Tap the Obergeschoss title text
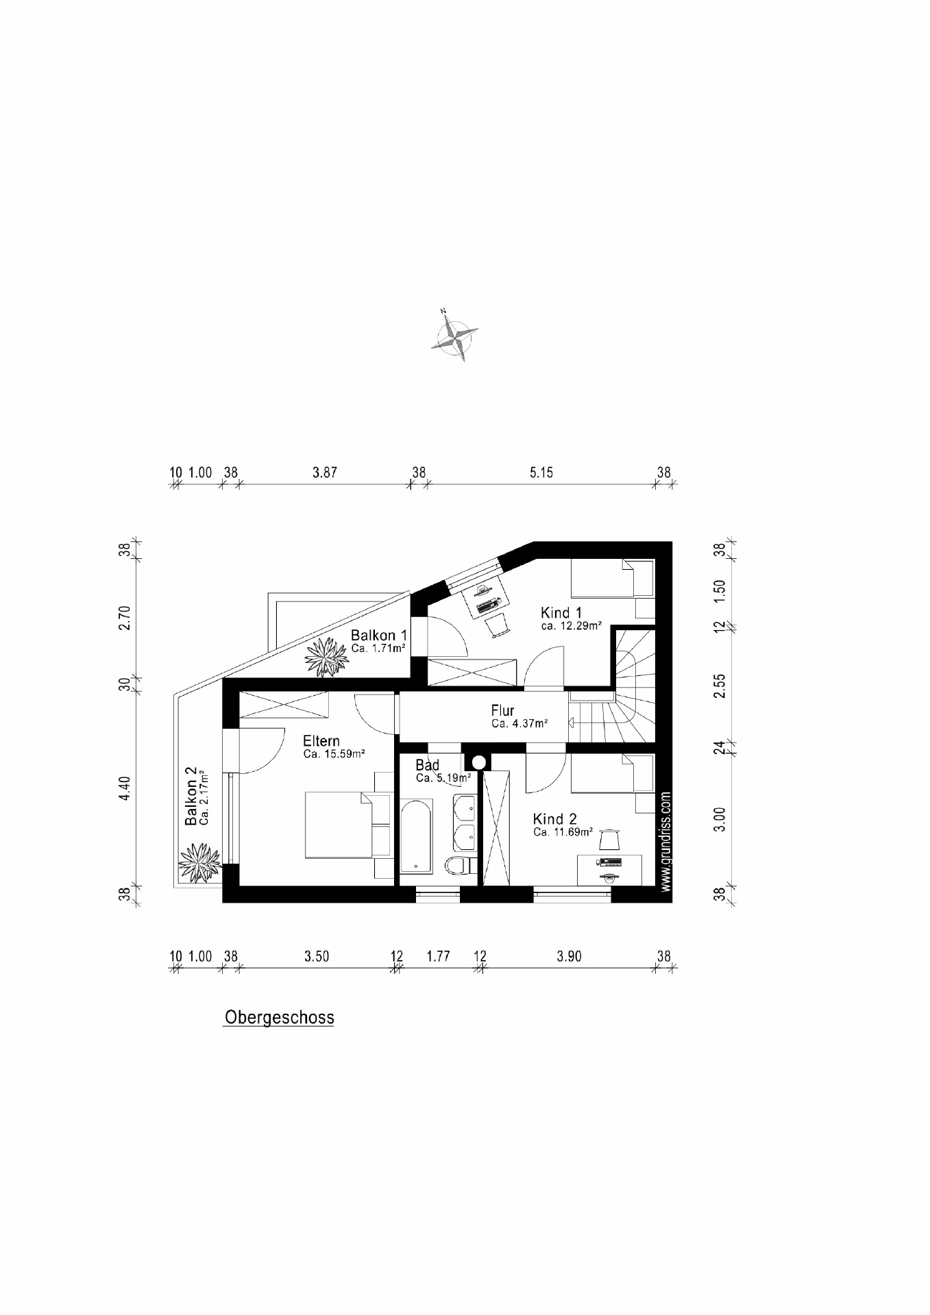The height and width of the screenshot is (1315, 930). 279,1017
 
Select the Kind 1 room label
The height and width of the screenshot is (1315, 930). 561,613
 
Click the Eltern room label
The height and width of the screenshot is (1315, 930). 321,741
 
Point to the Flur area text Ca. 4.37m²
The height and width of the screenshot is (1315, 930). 519,724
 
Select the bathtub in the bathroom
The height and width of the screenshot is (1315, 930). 416,836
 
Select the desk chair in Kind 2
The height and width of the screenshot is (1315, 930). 609,838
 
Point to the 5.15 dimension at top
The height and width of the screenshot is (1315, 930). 541,473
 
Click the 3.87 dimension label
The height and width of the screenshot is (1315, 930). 324,473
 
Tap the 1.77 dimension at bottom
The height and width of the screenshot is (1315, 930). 438,956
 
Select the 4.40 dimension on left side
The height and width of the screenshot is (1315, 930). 124,788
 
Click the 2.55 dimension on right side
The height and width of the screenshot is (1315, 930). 719,686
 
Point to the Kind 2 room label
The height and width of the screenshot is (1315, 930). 554,819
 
